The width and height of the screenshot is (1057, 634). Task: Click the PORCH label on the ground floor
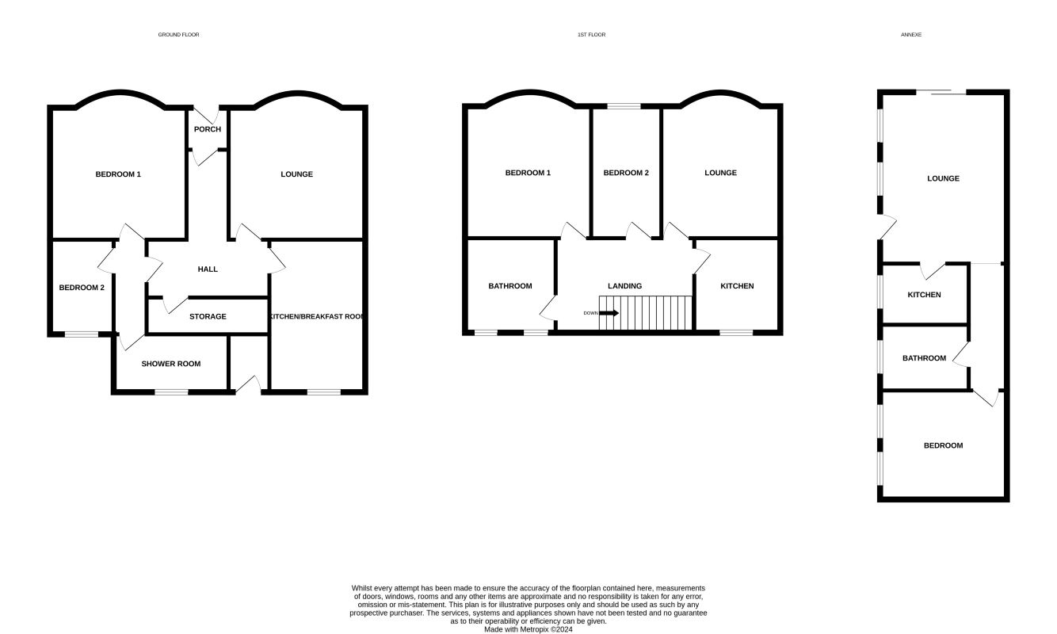[208, 129]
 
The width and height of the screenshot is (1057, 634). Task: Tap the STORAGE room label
[208, 317]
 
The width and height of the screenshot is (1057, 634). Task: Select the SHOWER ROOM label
[171, 364]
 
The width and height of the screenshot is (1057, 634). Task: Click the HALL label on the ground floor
[208, 269]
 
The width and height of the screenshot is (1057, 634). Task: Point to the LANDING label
[624, 286]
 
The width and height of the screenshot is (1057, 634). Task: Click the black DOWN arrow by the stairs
[609, 313]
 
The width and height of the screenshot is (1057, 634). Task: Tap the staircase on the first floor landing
[646, 312]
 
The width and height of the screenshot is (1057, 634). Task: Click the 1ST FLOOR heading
[592, 35]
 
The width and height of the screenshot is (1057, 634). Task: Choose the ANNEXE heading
[911, 35]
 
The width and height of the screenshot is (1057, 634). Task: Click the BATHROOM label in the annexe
[924, 358]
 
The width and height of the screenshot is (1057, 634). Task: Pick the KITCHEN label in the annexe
[924, 295]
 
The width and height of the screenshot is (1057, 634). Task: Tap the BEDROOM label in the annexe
[943, 445]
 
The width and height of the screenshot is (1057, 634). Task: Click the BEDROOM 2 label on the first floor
[626, 173]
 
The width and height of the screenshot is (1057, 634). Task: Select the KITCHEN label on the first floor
[737, 286]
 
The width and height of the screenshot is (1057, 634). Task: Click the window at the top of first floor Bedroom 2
[624, 106]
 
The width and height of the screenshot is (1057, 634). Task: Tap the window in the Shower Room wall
[171, 391]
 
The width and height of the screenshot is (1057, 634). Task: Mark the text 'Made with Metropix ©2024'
[528, 629]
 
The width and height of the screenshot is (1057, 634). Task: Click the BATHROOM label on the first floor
[509, 286]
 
